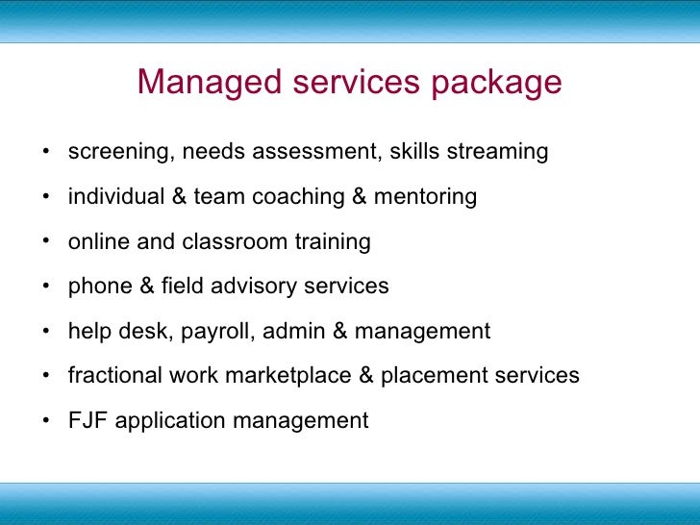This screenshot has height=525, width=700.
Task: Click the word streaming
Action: tap(497, 153)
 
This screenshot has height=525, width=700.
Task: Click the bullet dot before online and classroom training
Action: tap(46, 241)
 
